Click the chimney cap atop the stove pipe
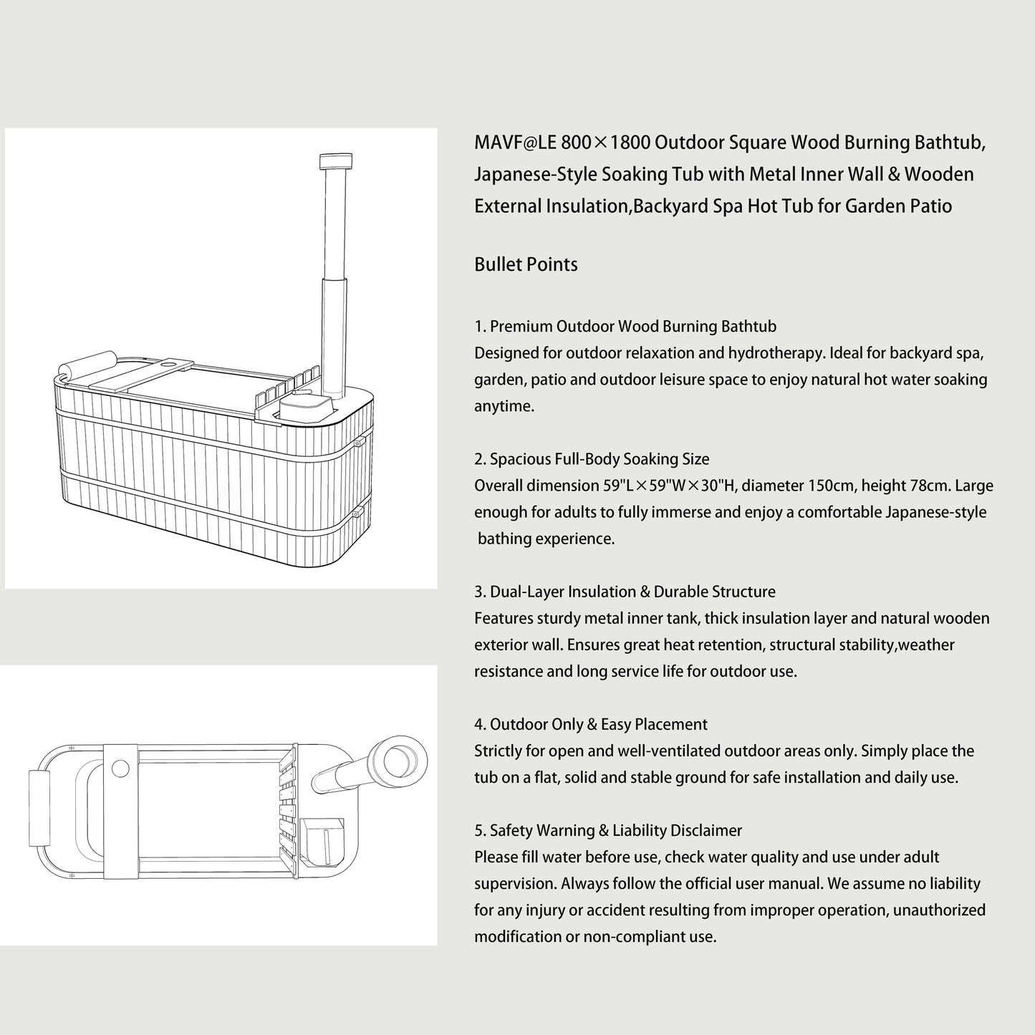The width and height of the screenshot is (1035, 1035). point(336,161)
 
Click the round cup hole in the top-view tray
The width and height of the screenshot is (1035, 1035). point(120,769)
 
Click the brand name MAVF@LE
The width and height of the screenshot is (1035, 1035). point(514,143)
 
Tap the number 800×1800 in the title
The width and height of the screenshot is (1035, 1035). point(605,143)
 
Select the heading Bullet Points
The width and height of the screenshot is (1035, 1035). point(526,264)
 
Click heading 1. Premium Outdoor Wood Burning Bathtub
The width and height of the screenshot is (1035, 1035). point(625,327)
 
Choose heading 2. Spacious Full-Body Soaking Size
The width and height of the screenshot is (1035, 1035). point(592,459)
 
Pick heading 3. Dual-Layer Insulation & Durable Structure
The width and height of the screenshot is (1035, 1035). point(625,592)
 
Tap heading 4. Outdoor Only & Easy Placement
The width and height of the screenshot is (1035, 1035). point(591,725)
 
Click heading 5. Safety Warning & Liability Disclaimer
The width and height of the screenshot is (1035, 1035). point(608,830)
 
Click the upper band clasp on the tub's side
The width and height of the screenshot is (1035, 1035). point(359,442)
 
